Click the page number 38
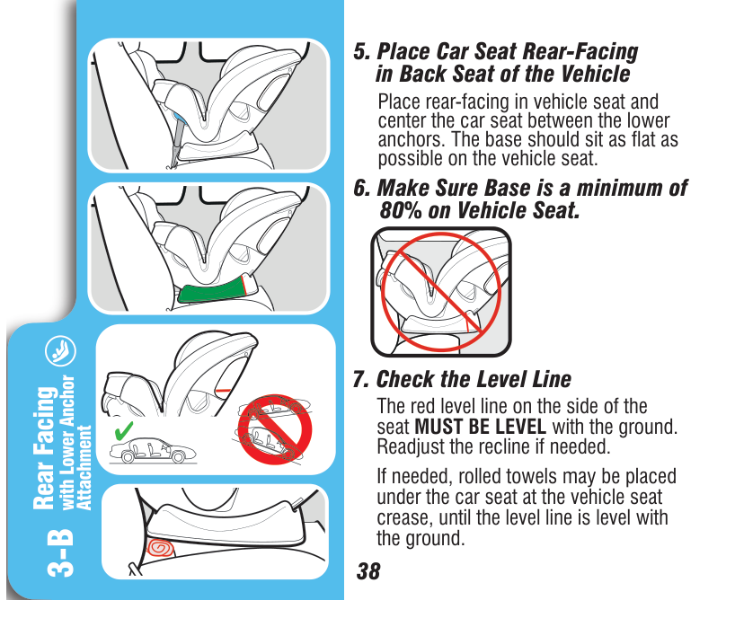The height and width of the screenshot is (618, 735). pyautogui.click(x=368, y=571)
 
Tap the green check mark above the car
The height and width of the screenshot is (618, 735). pyautogui.click(x=124, y=430)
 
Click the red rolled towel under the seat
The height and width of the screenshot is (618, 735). pyautogui.click(x=160, y=547)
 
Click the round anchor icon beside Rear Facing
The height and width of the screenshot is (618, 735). pyautogui.click(x=60, y=351)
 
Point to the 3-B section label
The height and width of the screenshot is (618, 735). pyautogui.click(x=60, y=552)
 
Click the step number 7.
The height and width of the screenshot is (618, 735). pyautogui.click(x=361, y=379)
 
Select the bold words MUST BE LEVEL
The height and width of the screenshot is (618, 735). pyautogui.click(x=481, y=427)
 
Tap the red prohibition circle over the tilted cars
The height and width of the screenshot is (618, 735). pyautogui.click(x=275, y=429)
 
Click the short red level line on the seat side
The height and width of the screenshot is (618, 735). pyautogui.click(x=223, y=390)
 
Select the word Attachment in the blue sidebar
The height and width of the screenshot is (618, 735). pyautogui.click(x=84, y=467)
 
